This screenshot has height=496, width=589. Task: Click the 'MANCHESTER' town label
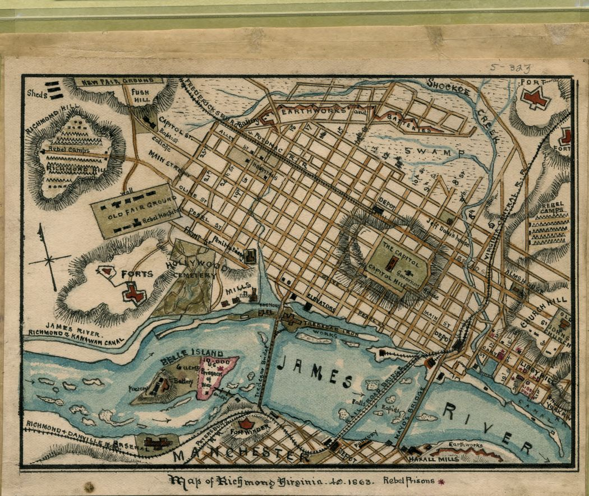[x=241, y=455]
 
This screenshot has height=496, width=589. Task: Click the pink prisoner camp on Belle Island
[x=217, y=376]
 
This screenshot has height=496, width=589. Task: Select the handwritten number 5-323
[x=509, y=68]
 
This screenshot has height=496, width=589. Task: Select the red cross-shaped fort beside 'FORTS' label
[x=134, y=293]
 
